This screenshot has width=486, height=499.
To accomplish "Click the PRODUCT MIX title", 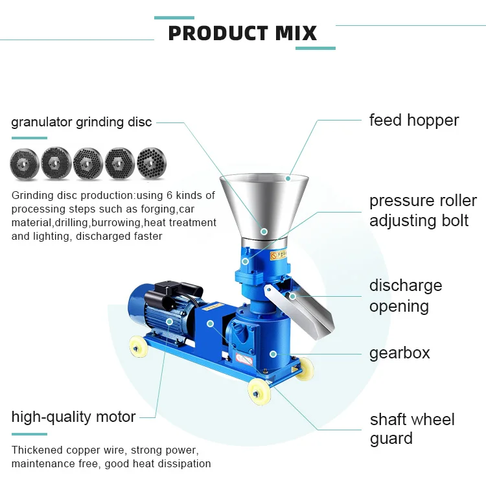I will [242, 33].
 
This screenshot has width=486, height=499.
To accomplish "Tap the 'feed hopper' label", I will [413, 121].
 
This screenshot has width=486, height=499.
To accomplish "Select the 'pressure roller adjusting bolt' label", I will [422, 211].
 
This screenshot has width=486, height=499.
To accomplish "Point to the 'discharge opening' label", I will [405, 296].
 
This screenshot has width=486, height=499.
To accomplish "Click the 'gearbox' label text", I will [399, 354].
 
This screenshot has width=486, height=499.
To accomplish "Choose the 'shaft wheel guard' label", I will [411, 429].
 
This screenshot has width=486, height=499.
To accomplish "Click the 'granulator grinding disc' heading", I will [82, 122].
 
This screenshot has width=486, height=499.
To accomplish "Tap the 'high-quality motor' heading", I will [73, 417].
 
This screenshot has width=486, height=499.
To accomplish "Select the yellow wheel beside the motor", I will [137, 349].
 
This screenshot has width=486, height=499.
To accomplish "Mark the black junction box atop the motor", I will [170, 288].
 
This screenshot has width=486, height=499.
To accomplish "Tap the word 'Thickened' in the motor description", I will [37, 450].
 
